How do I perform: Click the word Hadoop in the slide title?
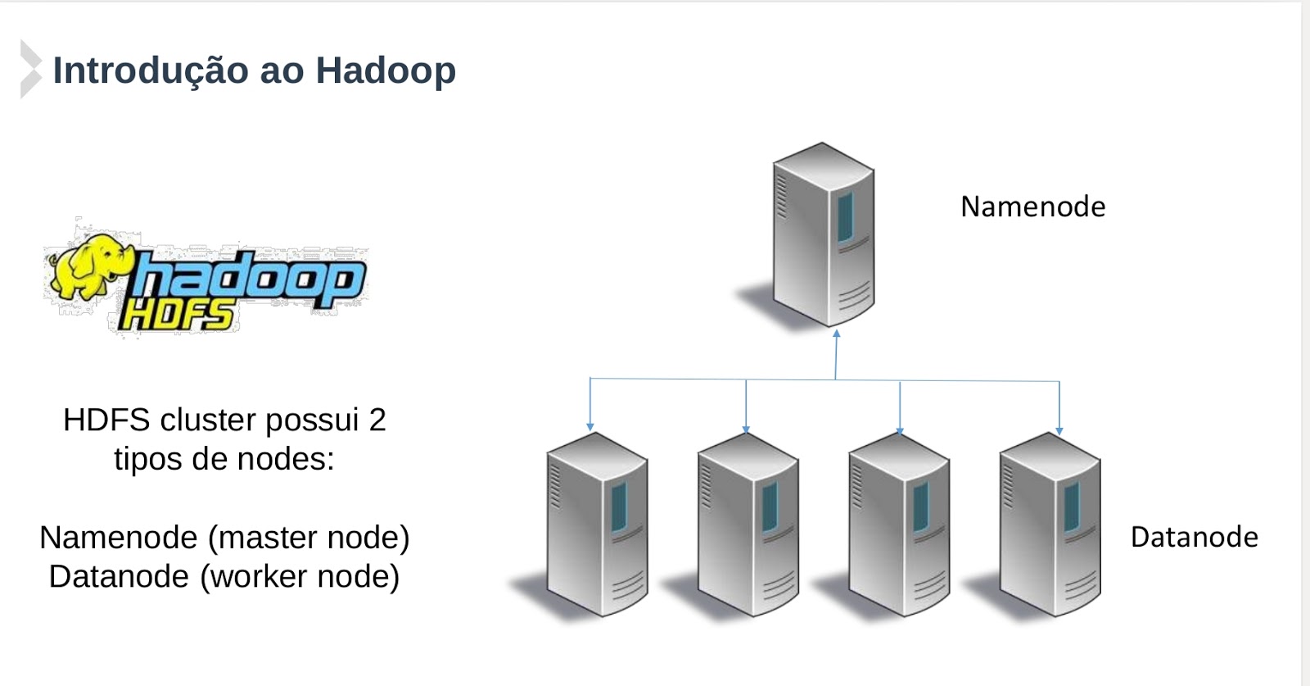click(386, 71)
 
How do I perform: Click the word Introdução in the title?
click(151, 70)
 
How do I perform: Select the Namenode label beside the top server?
click(1032, 207)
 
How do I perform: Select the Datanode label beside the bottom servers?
click(1194, 538)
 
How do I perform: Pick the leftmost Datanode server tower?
click(597, 524)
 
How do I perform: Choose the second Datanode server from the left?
click(748, 524)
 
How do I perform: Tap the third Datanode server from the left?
click(899, 524)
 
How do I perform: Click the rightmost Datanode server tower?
click(1050, 524)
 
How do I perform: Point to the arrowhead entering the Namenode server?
click(837, 334)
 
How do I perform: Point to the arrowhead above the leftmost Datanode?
click(590, 427)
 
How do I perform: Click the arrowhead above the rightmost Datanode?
click(1059, 430)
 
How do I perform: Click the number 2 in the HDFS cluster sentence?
click(377, 420)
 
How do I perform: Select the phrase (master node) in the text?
click(309, 538)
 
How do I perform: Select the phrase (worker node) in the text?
click(300, 577)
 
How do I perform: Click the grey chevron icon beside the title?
click(30, 69)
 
